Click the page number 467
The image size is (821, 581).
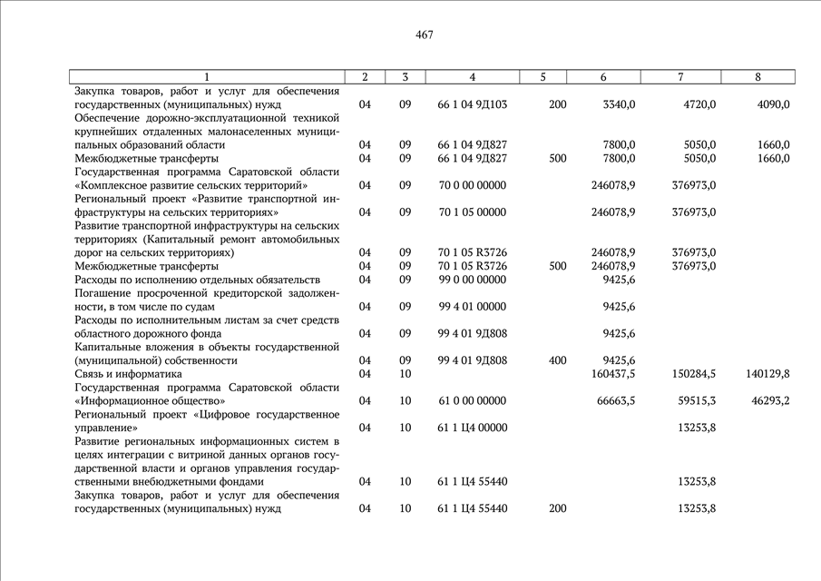point(425,35)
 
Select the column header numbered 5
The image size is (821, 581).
point(542,77)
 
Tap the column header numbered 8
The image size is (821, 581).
point(757,77)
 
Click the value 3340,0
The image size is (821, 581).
point(619,104)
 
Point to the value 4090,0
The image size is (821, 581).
point(773,104)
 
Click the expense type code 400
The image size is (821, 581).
point(558,360)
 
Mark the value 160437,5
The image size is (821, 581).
point(612,374)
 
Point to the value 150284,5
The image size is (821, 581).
point(694,374)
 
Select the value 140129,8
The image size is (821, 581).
point(767,374)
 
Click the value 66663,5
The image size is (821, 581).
point(615,400)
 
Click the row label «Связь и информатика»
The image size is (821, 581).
point(128,374)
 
